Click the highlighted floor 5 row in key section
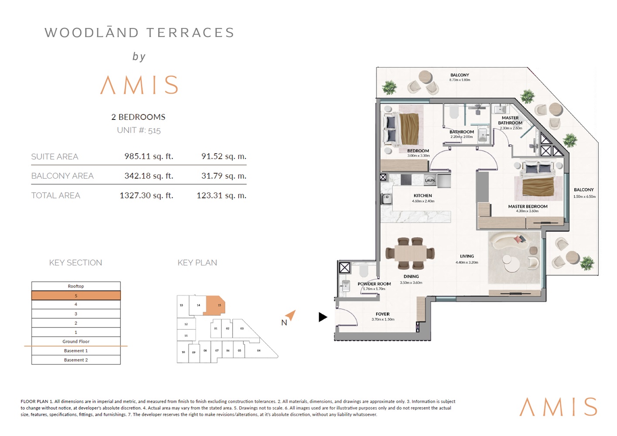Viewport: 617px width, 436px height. (76, 296)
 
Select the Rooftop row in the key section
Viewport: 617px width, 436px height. (76, 286)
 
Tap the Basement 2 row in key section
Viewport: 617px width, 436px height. (76, 360)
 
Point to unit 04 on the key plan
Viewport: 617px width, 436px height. (259, 351)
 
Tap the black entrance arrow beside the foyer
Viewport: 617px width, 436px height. (323, 317)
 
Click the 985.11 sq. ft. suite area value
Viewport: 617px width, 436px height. (148, 156)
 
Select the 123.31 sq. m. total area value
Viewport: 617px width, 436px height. (221, 195)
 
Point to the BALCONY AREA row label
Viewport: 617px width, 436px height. (62, 176)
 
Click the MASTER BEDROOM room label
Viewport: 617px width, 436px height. (528, 207)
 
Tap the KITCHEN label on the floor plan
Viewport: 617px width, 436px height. (423, 196)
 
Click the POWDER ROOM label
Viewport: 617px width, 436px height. (374, 284)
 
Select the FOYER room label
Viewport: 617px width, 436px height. (383, 314)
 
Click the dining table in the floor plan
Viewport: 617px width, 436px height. (411, 253)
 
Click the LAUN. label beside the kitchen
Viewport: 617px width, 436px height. (430, 180)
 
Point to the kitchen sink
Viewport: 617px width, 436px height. (387, 199)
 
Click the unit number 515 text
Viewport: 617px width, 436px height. (154, 130)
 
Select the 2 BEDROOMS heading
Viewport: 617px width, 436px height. (138, 117)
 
